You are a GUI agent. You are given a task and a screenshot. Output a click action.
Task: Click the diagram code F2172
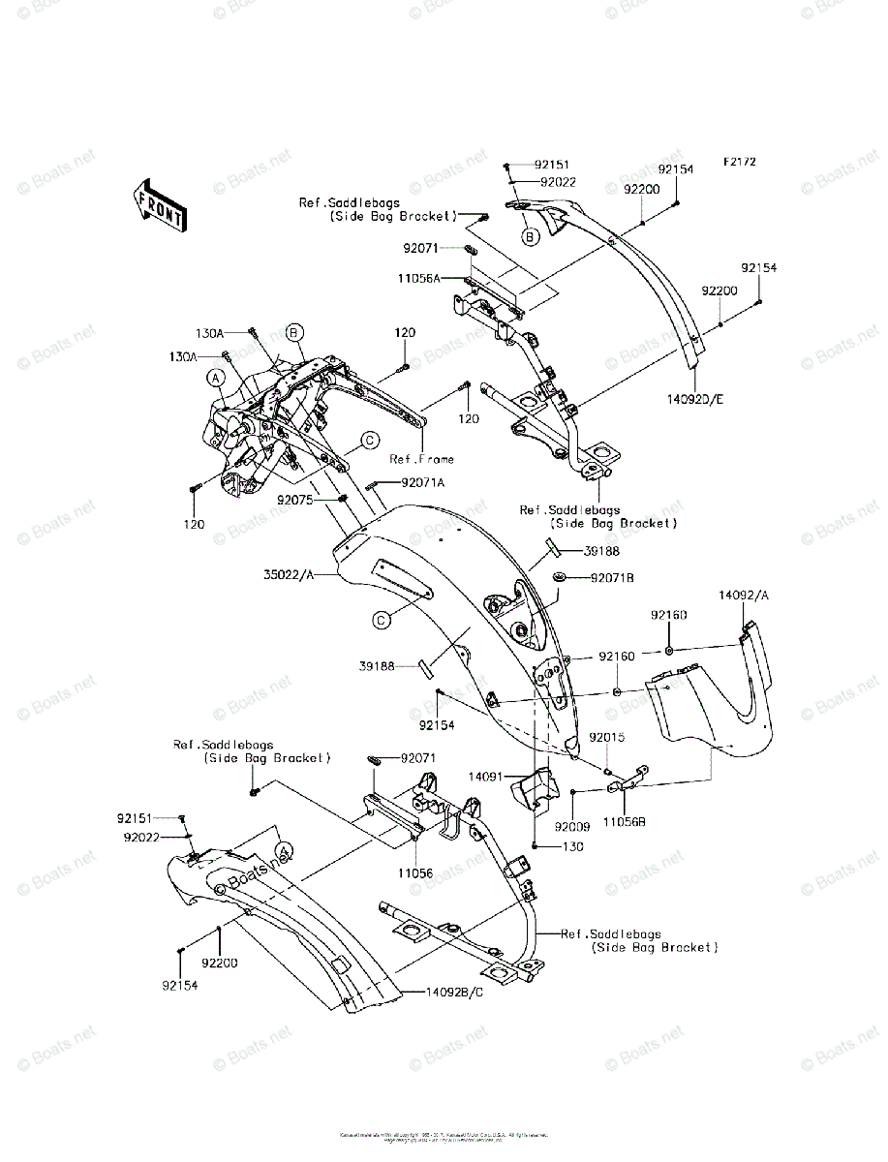coord(737,161)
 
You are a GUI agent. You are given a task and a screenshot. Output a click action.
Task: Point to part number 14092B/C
coord(455,993)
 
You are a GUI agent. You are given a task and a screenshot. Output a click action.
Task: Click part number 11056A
coord(419,278)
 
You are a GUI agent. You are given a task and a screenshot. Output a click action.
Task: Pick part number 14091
coord(487,776)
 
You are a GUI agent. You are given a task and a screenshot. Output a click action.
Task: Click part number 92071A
coord(422,482)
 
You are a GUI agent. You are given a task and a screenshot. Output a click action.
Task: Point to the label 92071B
coord(612,578)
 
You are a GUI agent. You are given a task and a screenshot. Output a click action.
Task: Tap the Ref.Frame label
coord(421,459)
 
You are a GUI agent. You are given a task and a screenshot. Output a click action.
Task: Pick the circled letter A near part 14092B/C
coord(283,849)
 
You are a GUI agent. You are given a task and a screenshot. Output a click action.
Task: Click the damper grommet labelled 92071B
coord(561,578)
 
